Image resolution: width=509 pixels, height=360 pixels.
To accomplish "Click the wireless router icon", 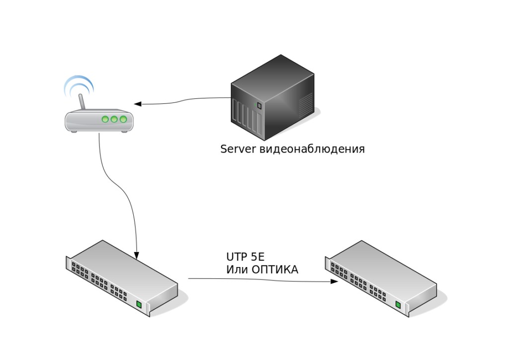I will click(99, 120).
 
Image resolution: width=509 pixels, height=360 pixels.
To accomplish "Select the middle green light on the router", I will click(114, 119).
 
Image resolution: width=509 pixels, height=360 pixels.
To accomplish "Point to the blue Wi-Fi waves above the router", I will click(78, 85).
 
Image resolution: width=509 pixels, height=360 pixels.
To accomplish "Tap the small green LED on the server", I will click(258, 105).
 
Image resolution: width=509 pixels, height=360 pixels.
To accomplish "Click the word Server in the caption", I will click(239, 149).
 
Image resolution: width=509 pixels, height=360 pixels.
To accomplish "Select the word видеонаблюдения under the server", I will click(312, 149).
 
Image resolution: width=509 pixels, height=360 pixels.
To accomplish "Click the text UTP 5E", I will click(246, 257).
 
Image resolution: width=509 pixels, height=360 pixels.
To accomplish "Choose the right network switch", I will click(381, 278).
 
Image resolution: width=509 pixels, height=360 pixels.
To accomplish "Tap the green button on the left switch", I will click(139, 304).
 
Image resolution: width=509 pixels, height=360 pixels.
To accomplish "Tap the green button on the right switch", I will click(398, 305).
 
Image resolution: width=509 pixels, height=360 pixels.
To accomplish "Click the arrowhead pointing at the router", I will click(138, 104).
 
